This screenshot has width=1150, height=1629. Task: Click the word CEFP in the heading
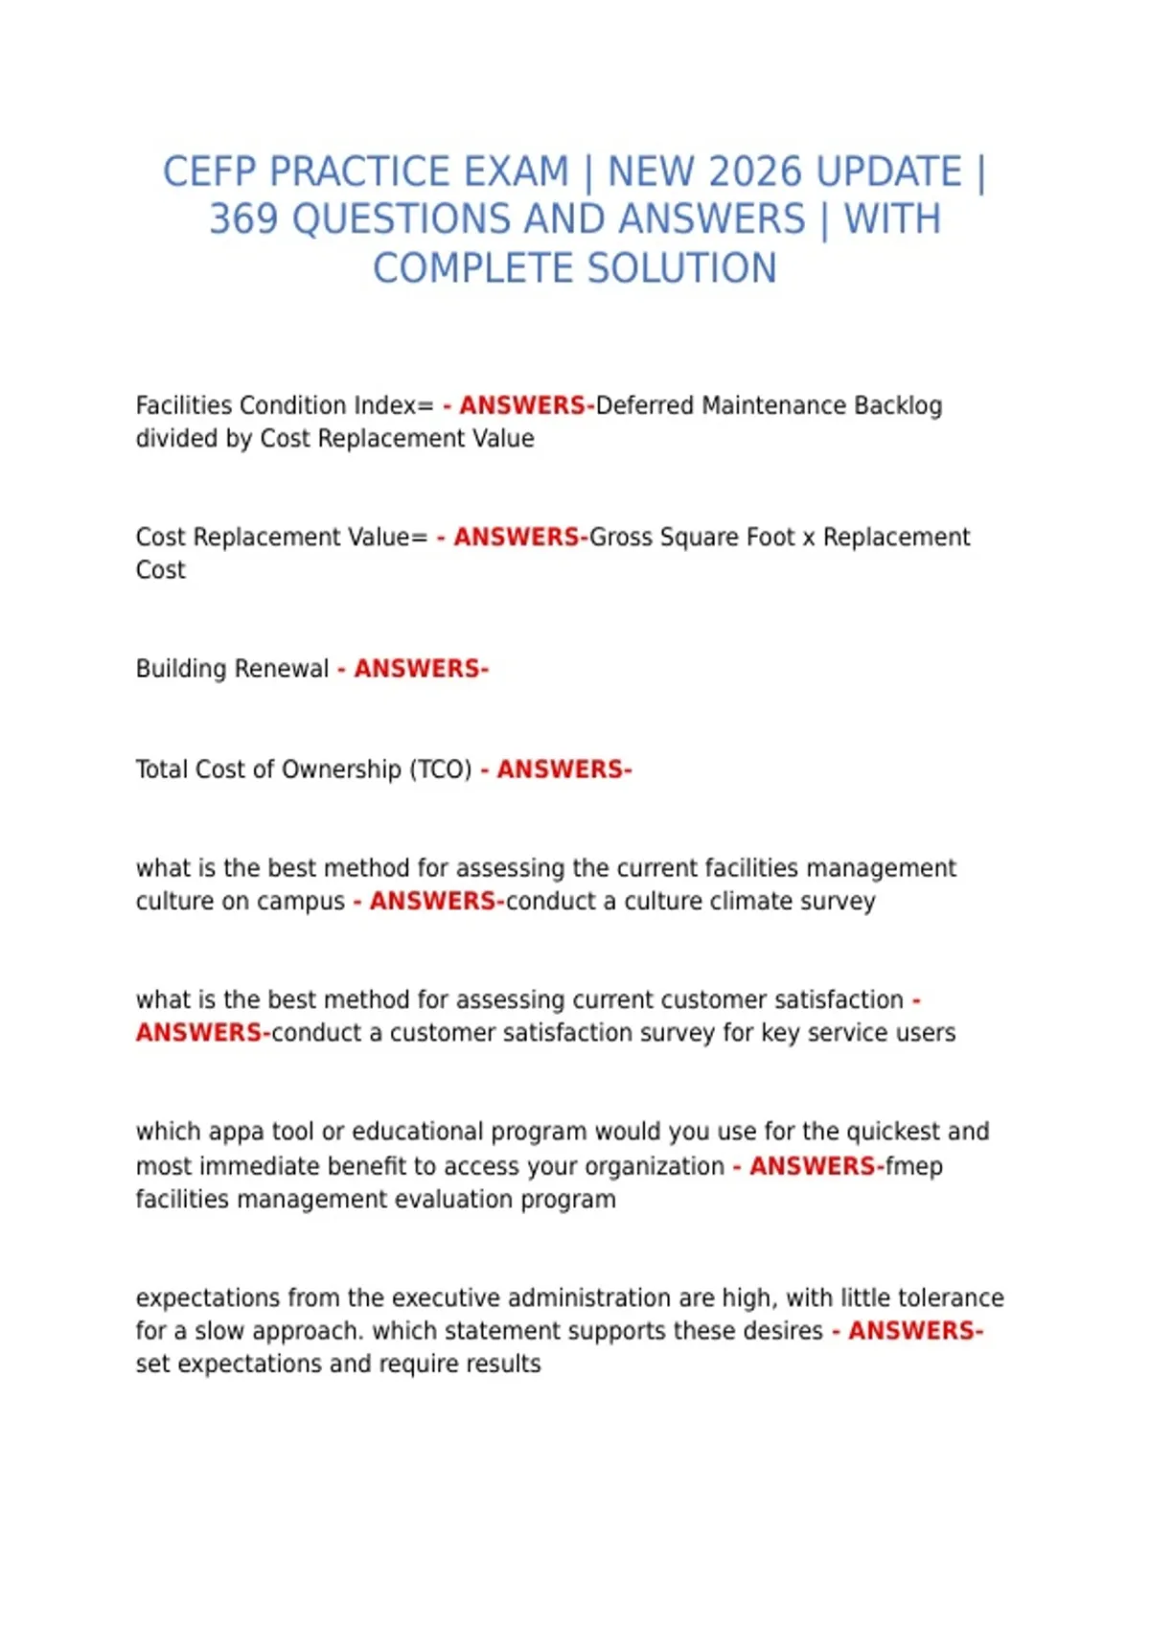click(x=211, y=172)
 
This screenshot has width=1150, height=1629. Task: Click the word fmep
click(x=914, y=1166)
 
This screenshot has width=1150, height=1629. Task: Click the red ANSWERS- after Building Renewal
click(x=421, y=669)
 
